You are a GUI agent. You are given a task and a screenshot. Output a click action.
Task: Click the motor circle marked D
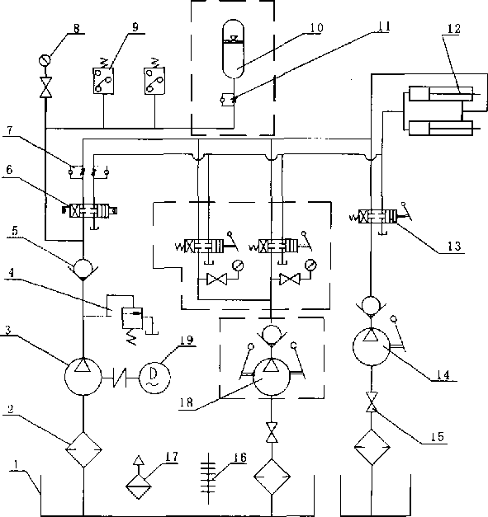coord(154,378)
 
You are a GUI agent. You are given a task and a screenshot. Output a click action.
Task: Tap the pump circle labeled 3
coord(83,377)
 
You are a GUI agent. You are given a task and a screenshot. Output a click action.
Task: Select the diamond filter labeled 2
coord(83,449)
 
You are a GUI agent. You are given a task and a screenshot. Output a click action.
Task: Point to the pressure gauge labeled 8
coord(45,61)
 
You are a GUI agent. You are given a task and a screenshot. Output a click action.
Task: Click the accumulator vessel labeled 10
coord(234,49)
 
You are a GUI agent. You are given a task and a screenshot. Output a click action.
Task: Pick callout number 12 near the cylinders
coord(453,29)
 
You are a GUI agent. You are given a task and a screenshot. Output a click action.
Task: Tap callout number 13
coord(454,246)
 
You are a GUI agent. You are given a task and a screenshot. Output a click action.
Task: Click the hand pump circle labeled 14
coord(372,346)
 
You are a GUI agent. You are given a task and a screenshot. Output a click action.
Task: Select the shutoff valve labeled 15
coord(372,402)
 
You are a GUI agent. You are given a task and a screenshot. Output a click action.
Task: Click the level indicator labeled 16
coord(208,478)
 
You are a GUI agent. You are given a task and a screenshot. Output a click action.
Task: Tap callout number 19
coord(187,340)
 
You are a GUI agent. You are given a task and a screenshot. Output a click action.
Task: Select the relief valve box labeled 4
coord(132,317)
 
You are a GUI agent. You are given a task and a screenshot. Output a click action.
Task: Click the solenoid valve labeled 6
coord(91,211)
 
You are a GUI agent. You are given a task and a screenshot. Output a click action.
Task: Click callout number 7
coord(10,130)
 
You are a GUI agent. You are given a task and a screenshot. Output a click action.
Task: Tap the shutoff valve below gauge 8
coord(45,87)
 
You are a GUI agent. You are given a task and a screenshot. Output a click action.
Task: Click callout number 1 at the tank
coord(16,464)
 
